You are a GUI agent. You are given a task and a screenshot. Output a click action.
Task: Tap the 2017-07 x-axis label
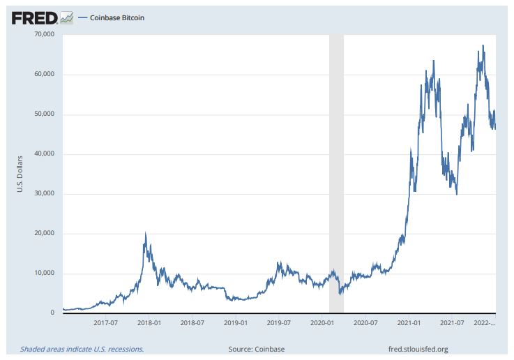105,323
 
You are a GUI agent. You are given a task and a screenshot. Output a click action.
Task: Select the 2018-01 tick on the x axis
149,323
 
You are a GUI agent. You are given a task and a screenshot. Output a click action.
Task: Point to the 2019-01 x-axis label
236,323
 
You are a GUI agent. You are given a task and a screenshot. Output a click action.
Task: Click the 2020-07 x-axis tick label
366,323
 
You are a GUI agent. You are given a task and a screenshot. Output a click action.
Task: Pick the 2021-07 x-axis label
453,323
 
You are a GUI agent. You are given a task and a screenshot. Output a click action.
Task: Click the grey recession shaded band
336,174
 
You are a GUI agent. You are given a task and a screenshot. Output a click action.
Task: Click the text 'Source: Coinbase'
256,349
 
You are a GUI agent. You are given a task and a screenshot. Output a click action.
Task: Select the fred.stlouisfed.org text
417,349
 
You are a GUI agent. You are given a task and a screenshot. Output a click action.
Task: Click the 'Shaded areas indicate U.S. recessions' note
82,349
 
